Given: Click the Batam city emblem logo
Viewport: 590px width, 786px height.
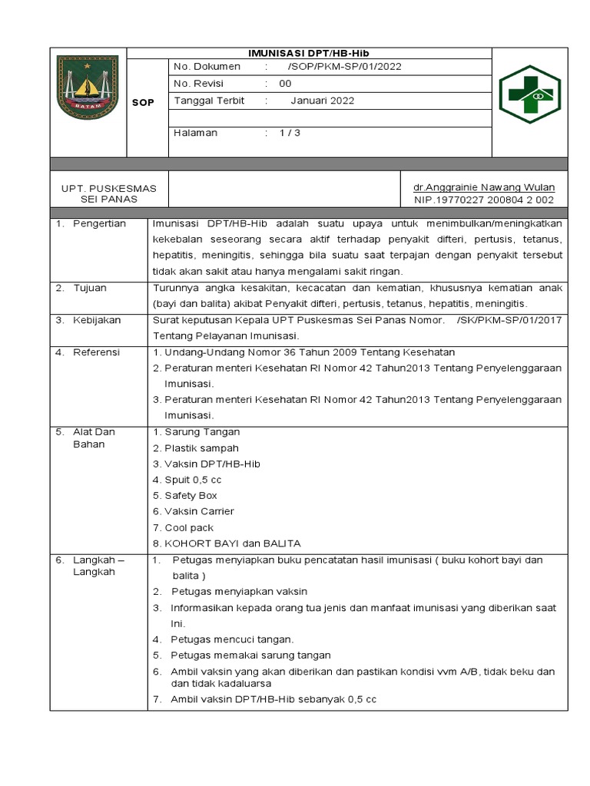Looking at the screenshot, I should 88,88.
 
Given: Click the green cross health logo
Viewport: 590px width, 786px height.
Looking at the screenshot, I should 530,94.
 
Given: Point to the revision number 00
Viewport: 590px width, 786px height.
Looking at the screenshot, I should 285,84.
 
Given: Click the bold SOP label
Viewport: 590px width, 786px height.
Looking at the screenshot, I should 144,102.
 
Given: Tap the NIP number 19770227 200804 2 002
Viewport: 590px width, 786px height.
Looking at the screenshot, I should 484,200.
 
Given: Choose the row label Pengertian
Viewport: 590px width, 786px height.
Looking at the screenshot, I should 99,223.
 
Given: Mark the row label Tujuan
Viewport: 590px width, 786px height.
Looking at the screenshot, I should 90,288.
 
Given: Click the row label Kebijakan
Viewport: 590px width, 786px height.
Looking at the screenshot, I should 97,320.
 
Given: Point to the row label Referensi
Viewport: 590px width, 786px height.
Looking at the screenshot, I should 97,352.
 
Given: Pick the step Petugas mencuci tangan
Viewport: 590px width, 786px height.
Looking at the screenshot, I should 233,639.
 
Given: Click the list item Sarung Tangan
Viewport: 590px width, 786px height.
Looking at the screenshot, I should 201,432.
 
